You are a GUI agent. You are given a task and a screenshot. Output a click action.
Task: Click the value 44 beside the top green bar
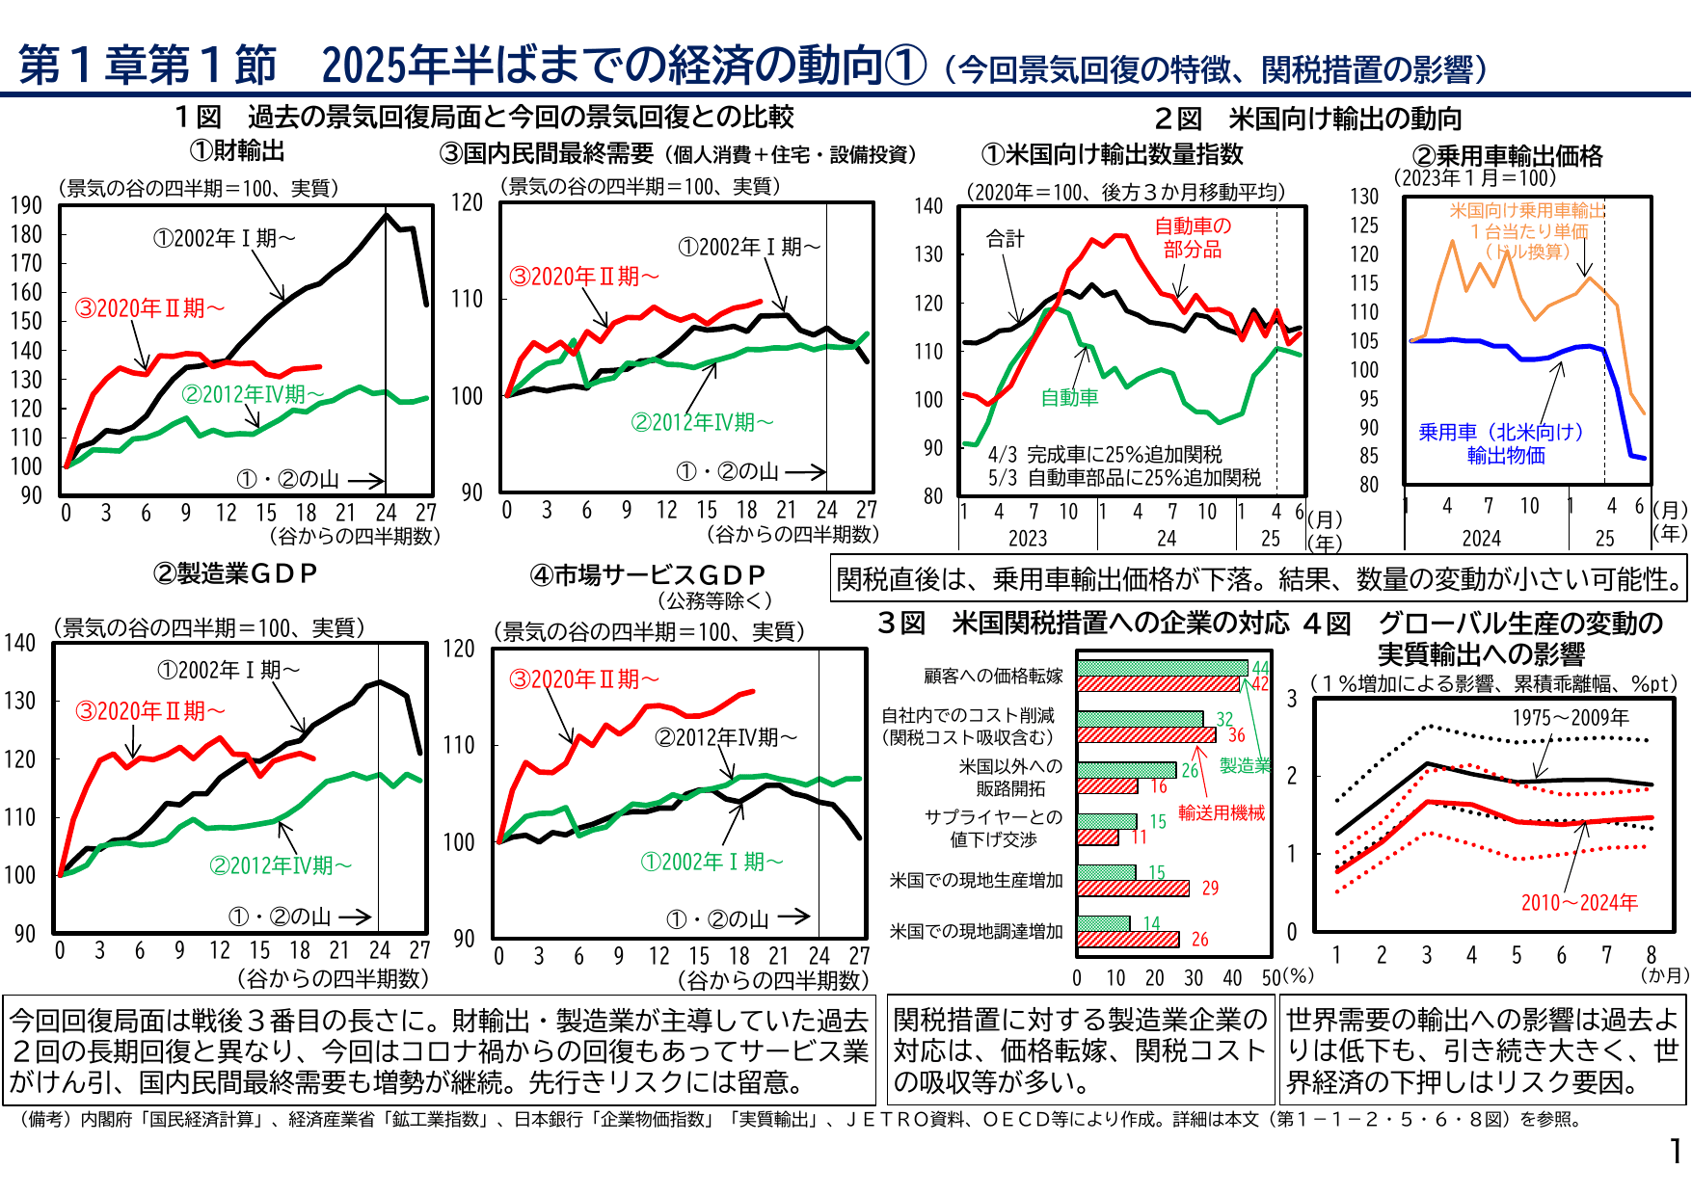[x=1260, y=668]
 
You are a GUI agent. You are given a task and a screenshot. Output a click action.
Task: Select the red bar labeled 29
[x=1133, y=889]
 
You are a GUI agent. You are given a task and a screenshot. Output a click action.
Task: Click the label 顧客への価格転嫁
[x=993, y=677]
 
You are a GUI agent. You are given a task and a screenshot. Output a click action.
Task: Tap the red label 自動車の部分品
[x=1193, y=237]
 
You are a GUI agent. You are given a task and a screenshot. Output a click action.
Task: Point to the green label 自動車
[x=1069, y=397]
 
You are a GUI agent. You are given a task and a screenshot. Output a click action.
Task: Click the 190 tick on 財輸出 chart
[x=26, y=205]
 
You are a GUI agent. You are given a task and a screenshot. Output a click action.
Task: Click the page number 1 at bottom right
[x=1677, y=1151]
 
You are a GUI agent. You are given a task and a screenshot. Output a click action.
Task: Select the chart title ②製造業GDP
[x=235, y=573]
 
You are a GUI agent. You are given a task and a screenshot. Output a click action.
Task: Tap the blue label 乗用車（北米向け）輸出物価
[x=1501, y=443]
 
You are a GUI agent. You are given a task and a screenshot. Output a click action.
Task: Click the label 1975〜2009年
[x=1571, y=718]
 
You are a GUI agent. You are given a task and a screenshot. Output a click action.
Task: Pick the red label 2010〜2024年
[x=1579, y=903]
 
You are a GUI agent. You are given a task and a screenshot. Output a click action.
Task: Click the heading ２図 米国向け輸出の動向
[x=1308, y=119]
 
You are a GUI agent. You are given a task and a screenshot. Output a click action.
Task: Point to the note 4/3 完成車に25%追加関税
[x=1105, y=454]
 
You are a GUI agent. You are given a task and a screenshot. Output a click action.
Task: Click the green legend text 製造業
[x=1245, y=766]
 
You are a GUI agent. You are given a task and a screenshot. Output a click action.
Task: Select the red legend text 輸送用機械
[x=1222, y=813]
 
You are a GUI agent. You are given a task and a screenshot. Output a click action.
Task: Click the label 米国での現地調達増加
[x=976, y=932]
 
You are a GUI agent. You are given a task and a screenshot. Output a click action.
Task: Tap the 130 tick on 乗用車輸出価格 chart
[x=1364, y=197]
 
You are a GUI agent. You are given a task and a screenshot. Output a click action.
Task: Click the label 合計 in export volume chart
[x=1005, y=238]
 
